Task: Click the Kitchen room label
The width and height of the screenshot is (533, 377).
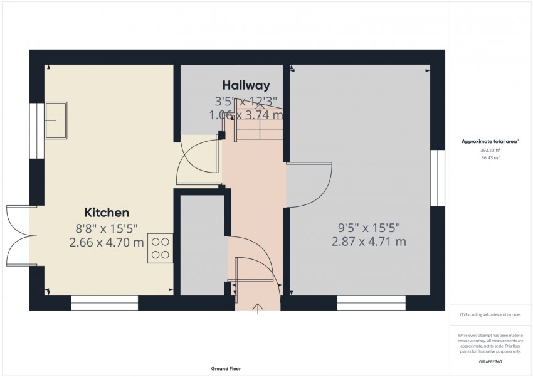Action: pos(107,213)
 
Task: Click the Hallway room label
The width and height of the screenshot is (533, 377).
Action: pos(246,85)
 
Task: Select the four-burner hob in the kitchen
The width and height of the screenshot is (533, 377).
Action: pos(161,248)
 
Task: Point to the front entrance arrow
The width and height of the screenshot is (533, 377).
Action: pos(258,307)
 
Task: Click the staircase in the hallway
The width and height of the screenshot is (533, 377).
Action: pos(257,123)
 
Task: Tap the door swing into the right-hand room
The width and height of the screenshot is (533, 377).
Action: pos(309,184)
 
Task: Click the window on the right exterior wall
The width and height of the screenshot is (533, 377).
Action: pos(441,178)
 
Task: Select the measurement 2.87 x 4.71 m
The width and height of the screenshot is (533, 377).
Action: pos(368,242)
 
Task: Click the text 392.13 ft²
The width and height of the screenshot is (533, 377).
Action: pos(490,151)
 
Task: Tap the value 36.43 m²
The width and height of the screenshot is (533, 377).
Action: pos(490,157)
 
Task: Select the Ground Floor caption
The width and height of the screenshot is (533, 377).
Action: pos(226,369)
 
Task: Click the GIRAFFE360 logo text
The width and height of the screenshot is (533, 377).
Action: pos(490,363)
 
